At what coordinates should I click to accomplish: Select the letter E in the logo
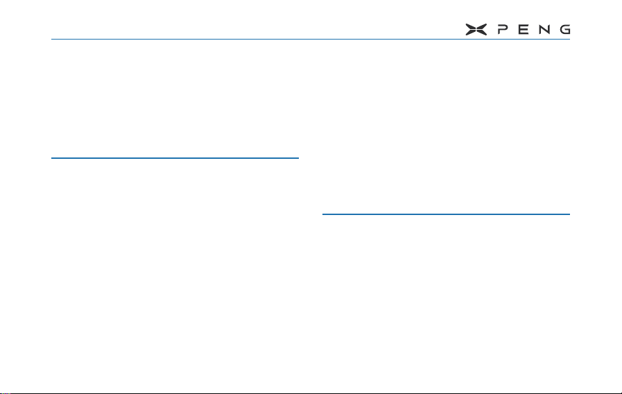point(524,30)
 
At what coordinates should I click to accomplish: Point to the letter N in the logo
point(544,30)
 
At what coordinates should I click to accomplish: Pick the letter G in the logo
point(565,30)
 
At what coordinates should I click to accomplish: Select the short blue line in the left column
point(175,158)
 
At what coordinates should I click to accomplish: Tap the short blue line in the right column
point(446,214)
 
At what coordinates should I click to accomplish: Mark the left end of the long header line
point(53,39)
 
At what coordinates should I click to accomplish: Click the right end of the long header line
point(569,39)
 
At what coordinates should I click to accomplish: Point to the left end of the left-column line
point(53,158)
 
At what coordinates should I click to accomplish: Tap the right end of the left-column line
point(297,158)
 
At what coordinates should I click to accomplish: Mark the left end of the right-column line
point(324,214)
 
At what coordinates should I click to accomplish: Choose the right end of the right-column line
point(569,214)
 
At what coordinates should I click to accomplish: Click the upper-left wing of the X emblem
point(469,27)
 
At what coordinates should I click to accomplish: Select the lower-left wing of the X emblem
point(469,33)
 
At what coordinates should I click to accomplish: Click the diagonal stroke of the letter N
point(544,30)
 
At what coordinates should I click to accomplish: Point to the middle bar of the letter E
point(524,30)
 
